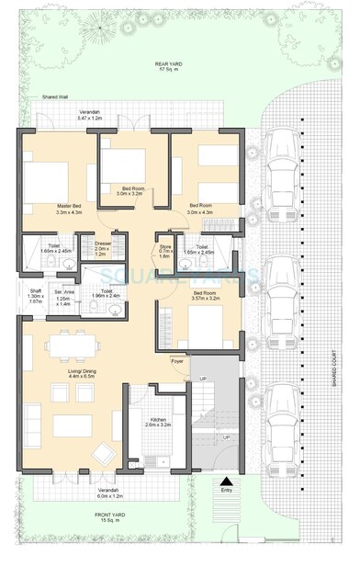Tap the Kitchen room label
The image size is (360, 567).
tap(158, 422)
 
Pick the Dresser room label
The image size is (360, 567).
tap(102, 248)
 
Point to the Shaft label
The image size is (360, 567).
tap(35, 295)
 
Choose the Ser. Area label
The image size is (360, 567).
tap(63, 296)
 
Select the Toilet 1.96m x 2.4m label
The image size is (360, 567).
tap(107, 293)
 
